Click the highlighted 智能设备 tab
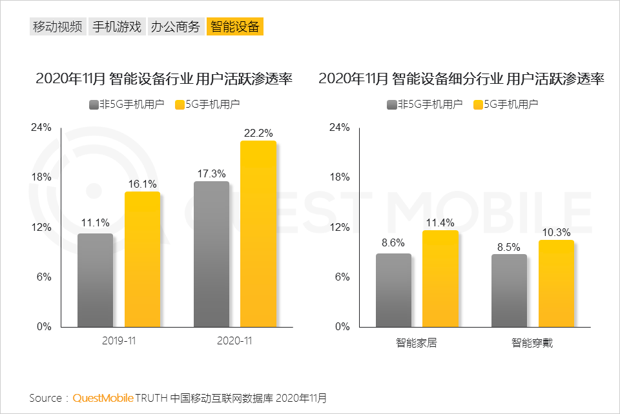(235, 26)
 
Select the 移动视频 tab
(57, 26)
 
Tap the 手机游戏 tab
(116, 26)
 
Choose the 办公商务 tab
(176, 26)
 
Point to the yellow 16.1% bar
(142, 259)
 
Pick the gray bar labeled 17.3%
(211, 254)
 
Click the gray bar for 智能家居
(393, 290)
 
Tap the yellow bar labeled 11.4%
(440, 279)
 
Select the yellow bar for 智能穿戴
(556, 283)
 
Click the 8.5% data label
(510, 246)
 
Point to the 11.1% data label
(94, 223)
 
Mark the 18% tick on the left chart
(42, 177)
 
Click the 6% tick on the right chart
(342, 277)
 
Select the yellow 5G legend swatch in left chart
(180, 104)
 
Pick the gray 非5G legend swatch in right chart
(391, 104)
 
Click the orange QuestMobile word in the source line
(103, 398)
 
